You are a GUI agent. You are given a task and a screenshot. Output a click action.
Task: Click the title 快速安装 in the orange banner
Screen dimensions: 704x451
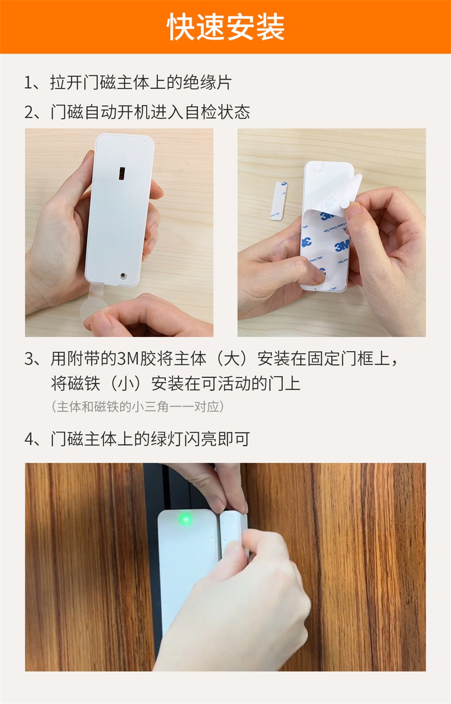coord(225,27)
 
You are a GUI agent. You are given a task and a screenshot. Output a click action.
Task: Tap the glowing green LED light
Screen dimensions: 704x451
coord(185,519)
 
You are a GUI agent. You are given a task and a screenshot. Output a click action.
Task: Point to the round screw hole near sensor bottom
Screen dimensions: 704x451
coord(123,275)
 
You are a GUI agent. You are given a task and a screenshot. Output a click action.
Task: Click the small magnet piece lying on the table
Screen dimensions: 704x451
coord(279,201)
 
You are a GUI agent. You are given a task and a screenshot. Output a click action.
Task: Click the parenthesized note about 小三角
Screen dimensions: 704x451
coord(137,407)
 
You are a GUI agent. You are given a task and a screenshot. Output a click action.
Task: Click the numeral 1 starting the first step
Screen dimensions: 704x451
coord(29,83)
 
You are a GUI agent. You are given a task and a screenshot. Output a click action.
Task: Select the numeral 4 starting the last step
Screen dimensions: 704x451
coord(29,439)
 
